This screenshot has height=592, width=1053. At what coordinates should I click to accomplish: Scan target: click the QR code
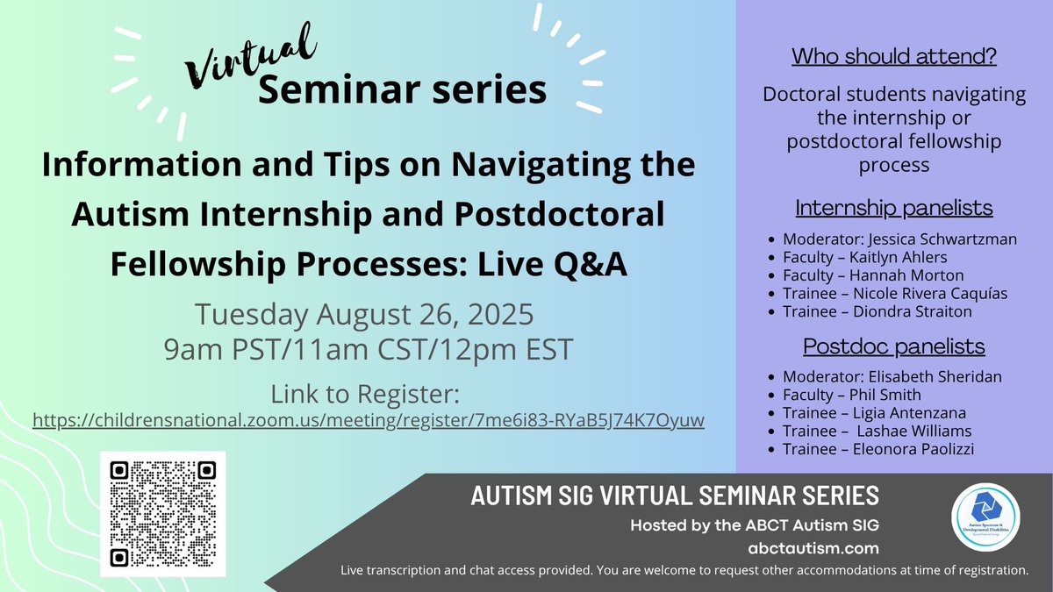point(162,513)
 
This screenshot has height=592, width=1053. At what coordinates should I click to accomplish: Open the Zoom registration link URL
point(369,421)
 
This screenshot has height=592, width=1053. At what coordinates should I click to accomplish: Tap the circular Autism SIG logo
point(985,517)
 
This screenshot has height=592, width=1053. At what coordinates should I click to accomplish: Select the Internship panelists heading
point(894,208)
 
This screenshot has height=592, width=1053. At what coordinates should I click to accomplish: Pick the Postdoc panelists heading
point(894,346)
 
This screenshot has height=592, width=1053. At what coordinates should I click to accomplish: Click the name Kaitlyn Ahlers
point(888,257)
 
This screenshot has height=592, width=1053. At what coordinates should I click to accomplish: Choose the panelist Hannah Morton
point(891,275)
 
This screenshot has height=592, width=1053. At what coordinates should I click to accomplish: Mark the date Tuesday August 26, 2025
point(364,313)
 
